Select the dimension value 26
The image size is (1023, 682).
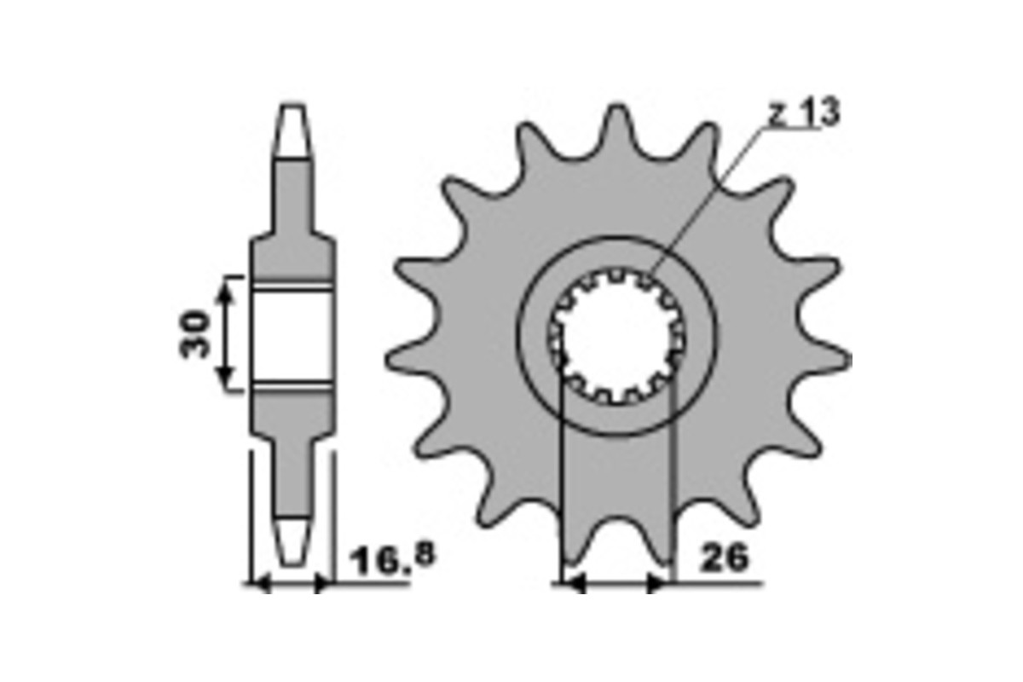click(x=723, y=559)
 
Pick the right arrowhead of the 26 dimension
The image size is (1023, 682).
click(x=656, y=584)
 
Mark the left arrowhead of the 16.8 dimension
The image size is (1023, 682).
click(x=260, y=584)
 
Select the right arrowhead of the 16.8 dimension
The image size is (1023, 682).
click(x=321, y=584)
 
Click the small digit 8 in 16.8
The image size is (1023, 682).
click(x=424, y=554)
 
